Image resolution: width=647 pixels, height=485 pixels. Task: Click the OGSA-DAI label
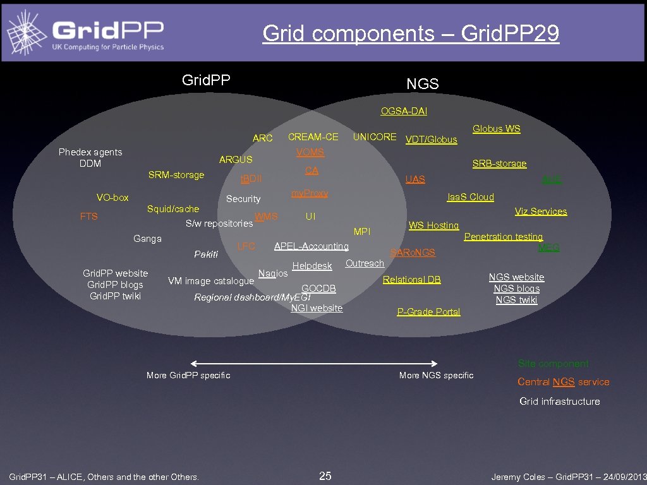tap(404, 111)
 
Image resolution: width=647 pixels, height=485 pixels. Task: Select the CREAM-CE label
tap(313, 136)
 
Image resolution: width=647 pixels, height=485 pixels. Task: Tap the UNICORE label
tap(375, 136)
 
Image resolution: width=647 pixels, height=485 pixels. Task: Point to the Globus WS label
tap(497, 129)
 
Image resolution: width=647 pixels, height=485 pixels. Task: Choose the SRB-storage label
tap(499, 164)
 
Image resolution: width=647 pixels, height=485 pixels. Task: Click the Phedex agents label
tap(90, 152)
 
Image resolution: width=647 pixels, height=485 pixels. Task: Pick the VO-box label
tap(112, 198)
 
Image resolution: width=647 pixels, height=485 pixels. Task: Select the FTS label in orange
tap(89, 217)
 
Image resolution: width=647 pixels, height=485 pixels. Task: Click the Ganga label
tap(147, 238)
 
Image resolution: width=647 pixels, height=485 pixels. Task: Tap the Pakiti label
tap(206, 254)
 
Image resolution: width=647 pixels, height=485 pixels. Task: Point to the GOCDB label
tap(318, 289)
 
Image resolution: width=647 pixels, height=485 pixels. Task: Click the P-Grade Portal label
tap(428, 311)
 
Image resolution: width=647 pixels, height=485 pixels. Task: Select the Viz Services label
tap(541, 212)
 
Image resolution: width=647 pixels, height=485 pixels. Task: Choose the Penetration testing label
tap(504, 237)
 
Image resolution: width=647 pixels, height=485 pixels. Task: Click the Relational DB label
tap(412, 280)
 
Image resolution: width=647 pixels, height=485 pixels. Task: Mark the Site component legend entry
tap(553, 363)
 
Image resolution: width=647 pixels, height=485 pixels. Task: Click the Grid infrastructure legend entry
tap(560, 401)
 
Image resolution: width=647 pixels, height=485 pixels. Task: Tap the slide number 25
tap(325, 476)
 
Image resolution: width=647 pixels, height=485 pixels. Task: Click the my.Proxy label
tap(310, 193)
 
